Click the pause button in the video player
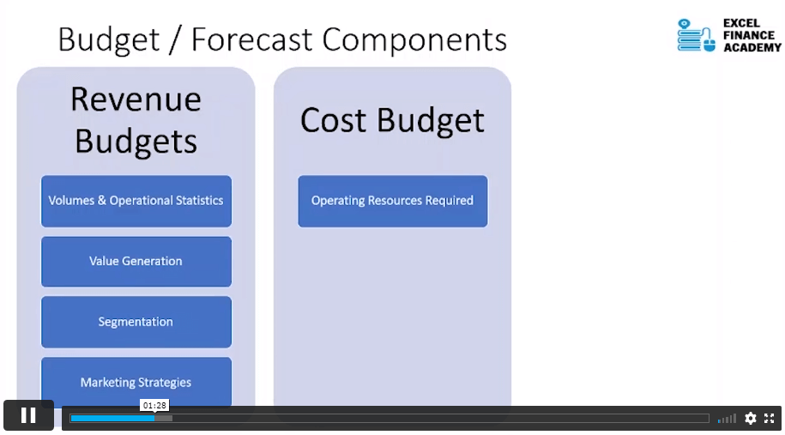pos(28,415)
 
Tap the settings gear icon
pos(750,418)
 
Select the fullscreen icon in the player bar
pos(769,418)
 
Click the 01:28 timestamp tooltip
pos(154,405)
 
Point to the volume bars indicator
pos(727,419)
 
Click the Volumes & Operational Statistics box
pos(136,201)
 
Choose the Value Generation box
pos(136,262)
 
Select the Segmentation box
pos(136,322)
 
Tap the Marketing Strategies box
pos(136,382)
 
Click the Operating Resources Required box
pos(393,201)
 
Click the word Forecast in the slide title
pos(252,39)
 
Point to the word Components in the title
pos(414,39)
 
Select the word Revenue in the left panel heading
pos(136,100)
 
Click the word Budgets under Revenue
pos(136,142)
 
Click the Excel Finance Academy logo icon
pos(696,35)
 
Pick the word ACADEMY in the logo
pos(752,47)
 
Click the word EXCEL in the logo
pos(741,23)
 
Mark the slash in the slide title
pos(175,40)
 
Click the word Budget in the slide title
pos(109,40)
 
